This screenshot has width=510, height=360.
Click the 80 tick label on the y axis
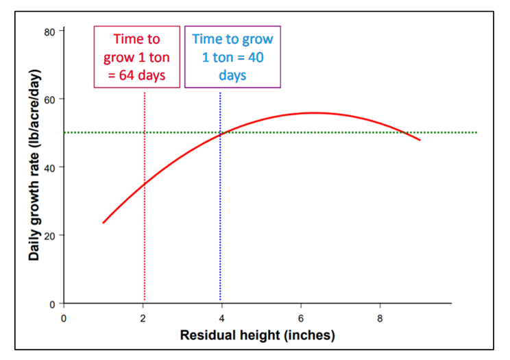[x=49, y=32]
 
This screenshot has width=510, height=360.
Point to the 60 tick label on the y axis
[x=49, y=99]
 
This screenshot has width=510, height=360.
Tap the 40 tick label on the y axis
[x=49, y=167]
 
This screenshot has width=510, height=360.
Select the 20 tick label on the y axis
[x=49, y=235]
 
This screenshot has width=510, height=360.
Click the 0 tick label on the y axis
[x=52, y=303]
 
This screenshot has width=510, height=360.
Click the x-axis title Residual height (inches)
[x=257, y=336]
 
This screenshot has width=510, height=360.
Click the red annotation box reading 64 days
[x=136, y=57]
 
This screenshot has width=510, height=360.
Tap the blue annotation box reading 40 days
[x=232, y=57]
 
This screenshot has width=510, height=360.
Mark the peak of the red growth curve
[x=314, y=112]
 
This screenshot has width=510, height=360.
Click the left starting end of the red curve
[x=103, y=223]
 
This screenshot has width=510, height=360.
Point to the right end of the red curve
[x=420, y=140]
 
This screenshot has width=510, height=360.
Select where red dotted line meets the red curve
[x=145, y=184]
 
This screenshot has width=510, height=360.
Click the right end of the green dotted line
[x=476, y=132]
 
